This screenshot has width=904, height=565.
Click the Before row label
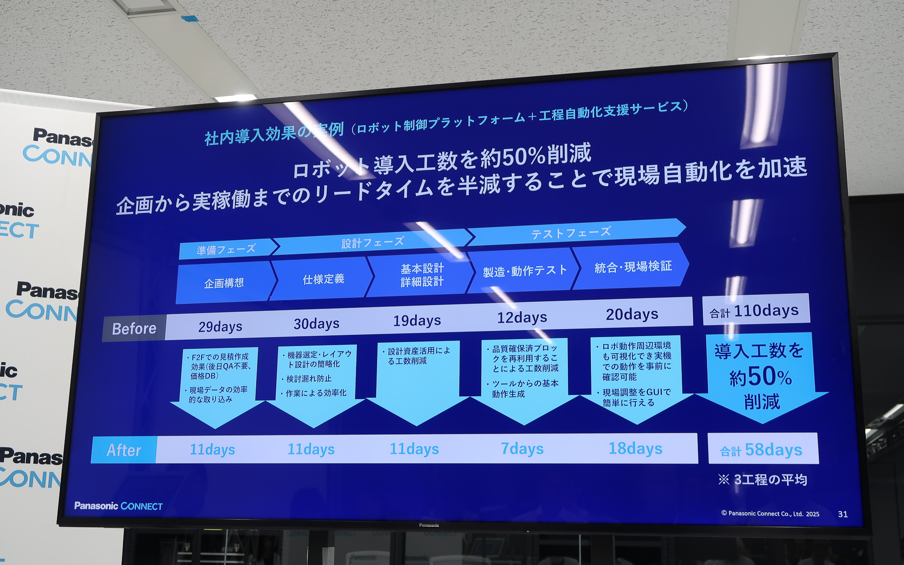tap(134, 328)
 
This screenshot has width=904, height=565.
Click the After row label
tap(124, 450)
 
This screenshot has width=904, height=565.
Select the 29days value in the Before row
tap(220, 326)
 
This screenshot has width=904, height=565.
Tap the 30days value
tap(316, 323)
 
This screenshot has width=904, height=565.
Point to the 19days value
tap(417, 321)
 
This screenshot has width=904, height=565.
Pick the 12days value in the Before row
tap(522, 317)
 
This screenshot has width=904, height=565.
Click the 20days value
tap(632, 314)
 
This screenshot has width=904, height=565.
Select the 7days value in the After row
tap(522, 449)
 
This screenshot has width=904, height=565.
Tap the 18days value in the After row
tap(635, 448)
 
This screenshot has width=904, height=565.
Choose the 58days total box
tap(762, 450)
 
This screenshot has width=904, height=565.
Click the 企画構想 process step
tap(224, 283)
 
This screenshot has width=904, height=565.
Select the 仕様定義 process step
tap(323, 279)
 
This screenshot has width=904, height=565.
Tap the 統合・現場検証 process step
tap(633, 267)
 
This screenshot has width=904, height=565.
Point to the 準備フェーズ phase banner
tap(226, 249)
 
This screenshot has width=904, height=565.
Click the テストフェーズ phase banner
tap(571, 232)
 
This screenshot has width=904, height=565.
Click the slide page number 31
tap(843, 514)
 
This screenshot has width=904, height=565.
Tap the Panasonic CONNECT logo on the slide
tap(118, 506)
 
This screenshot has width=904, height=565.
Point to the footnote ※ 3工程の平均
tap(763, 480)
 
